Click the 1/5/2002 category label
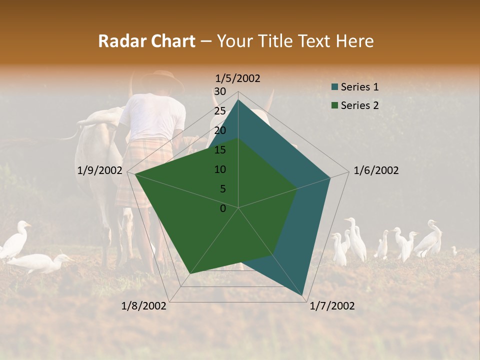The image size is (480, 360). coord(238,78)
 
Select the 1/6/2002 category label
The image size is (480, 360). coord(376,170)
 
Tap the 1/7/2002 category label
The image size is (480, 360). coord(332,306)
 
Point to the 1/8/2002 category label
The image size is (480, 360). coord(144,306)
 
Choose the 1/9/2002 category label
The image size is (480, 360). coord(100,170)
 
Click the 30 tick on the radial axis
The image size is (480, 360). coord(220,91)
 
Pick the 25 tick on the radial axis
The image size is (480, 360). coord(220,111)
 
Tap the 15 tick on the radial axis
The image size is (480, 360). coord(220,150)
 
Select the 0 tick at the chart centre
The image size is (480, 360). coord(223,208)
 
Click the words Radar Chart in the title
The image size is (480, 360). coord(146,41)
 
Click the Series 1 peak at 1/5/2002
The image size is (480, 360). coord(238,100)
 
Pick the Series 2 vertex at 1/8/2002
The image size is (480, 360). coord(190,273)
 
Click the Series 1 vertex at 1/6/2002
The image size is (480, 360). coord(330,177)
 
